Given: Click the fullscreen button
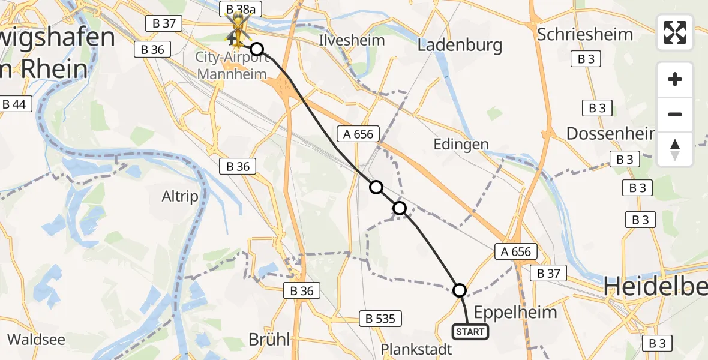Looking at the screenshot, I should (x=675, y=32).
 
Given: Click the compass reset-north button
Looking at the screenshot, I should (x=675, y=149).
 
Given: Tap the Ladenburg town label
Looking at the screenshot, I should (x=460, y=45).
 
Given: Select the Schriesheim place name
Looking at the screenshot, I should (x=585, y=34).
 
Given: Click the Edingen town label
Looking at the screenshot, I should (x=461, y=144).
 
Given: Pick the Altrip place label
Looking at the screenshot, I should (x=180, y=196).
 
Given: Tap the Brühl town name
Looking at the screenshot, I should (x=269, y=339).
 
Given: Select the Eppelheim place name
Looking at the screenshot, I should (x=515, y=312).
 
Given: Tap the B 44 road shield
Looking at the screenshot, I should (x=14, y=104).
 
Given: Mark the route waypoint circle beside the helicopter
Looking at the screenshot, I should (x=256, y=49).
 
